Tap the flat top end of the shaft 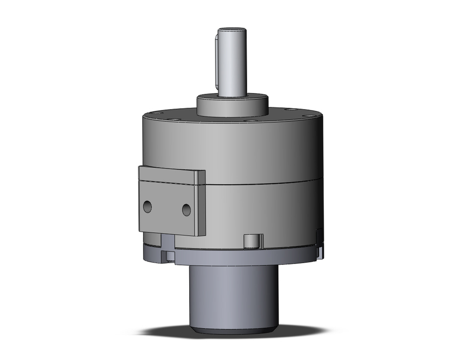pos(232,30)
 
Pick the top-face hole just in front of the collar pos(251,121)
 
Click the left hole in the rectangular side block pos(147,207)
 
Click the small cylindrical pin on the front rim pos(252,241)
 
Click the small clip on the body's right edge pos(320,242)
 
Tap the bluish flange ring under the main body pos(242,257)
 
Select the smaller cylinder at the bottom pos(233,294)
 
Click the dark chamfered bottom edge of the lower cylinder pos(233,330)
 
